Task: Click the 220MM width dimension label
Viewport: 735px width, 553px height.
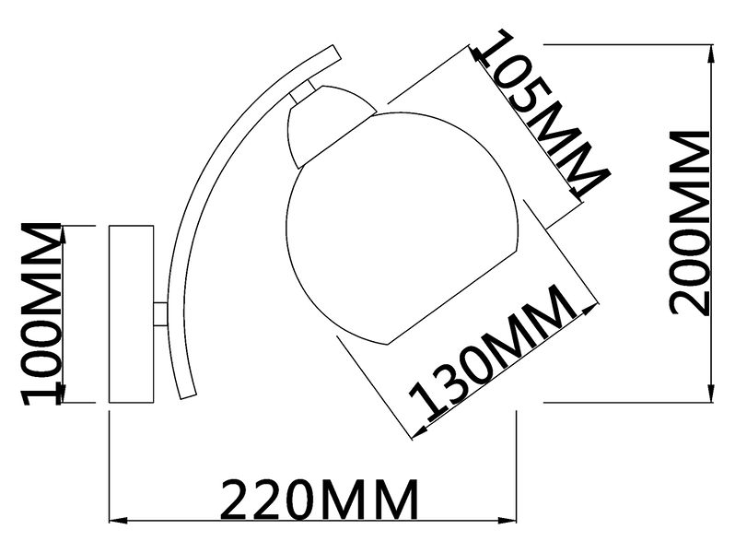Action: coord(320,499)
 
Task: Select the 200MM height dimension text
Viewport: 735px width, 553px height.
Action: coord(690,223)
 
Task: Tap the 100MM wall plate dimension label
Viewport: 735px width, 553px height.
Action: coord(41,313)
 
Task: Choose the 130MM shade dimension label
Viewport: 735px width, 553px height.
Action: coord(493,351)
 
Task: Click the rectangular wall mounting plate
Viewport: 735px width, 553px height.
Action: coord(131,313)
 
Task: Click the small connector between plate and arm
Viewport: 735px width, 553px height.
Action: coord(160,313)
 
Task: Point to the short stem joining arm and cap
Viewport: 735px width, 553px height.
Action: coord(303,92)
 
